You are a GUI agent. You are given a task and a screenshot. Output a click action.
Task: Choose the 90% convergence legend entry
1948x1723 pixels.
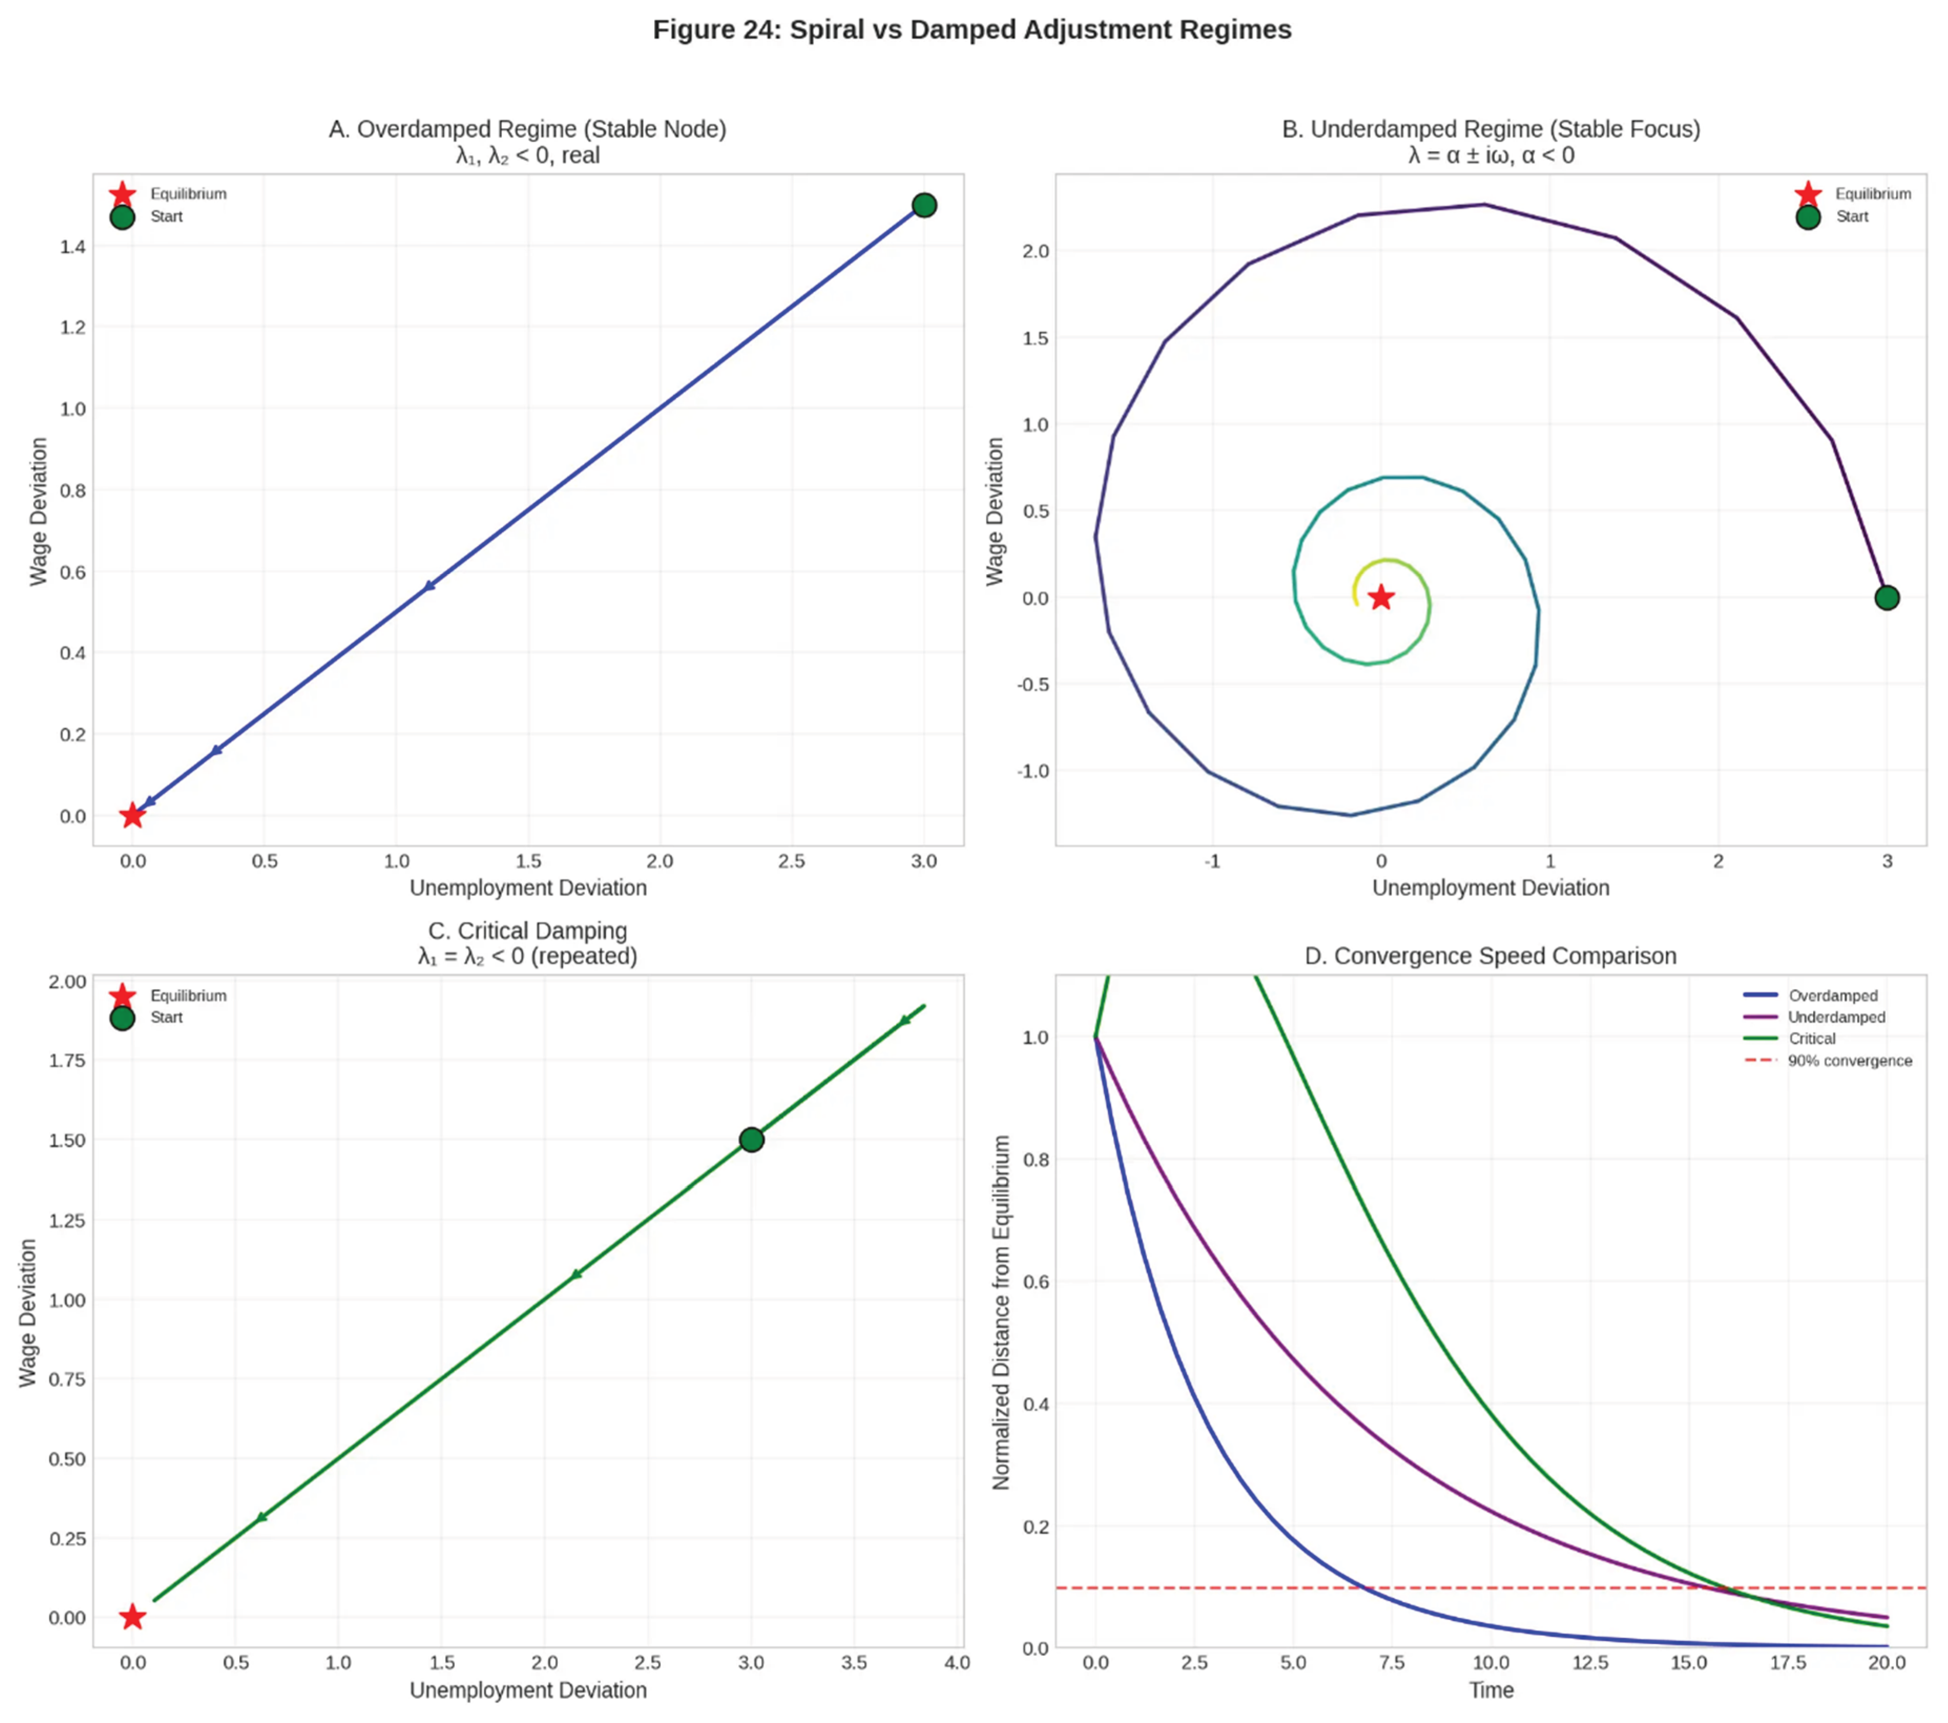1849,1060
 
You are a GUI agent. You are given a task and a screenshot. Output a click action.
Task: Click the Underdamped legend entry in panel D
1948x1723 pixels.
1836,1017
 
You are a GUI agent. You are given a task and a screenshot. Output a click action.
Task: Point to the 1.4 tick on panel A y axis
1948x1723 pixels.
72,247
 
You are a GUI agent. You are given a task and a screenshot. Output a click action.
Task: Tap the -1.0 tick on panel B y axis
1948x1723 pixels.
1033,771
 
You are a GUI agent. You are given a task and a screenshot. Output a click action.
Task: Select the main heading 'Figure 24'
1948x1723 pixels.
971,29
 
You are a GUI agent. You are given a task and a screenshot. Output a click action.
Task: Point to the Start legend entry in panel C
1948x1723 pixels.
166,1018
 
